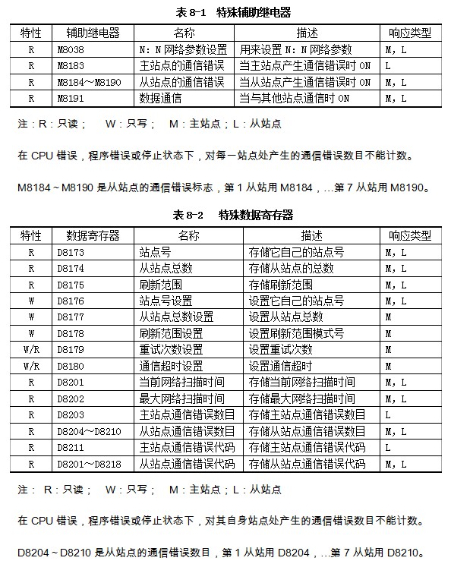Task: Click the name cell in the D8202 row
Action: [181, 399]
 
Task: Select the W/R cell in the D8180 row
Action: [31, 366]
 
